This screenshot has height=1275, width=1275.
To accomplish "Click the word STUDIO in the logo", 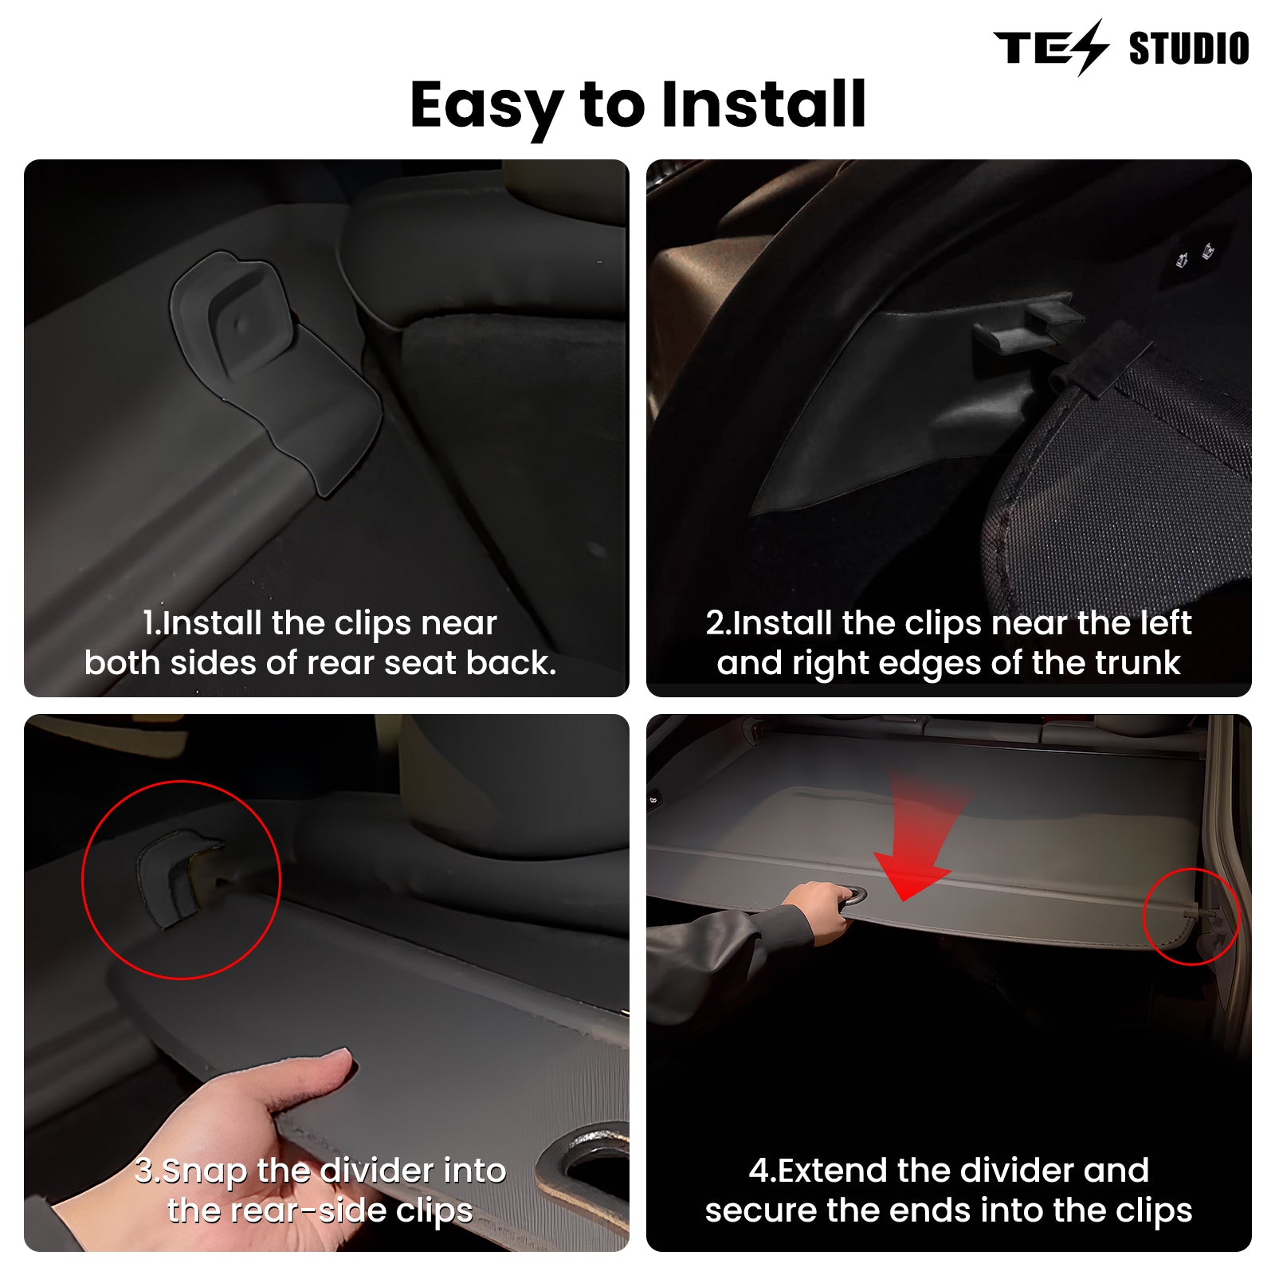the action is point(1189,49).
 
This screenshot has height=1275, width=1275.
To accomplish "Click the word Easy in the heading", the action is point(487,106).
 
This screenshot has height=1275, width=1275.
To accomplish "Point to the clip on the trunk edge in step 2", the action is point(1028,323).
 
